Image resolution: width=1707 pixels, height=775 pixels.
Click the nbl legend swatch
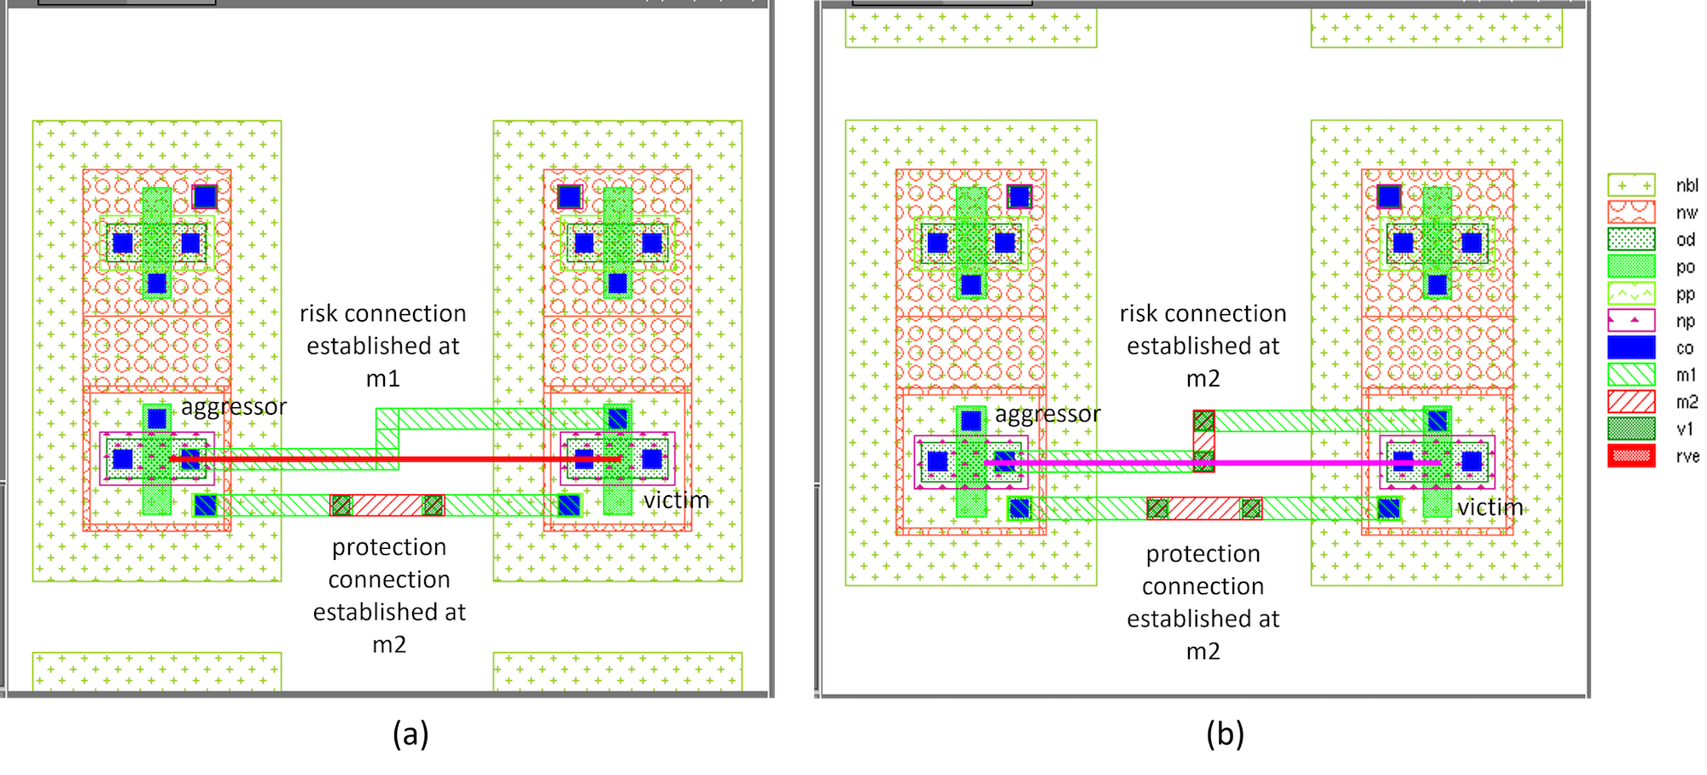(1631, 185)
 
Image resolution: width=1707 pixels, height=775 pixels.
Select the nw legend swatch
(1631, 212)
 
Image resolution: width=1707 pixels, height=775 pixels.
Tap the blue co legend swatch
(1631, 347)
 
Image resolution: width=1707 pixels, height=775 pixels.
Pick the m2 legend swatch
(1631, 401)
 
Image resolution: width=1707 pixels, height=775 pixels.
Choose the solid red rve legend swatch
(1631, 456)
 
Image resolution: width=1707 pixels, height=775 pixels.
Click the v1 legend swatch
(1631, 428)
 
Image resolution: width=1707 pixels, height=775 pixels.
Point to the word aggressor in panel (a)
(234, 408)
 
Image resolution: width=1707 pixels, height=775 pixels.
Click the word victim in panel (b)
(1490, 507)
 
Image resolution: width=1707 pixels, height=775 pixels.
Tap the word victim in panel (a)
(676, 500)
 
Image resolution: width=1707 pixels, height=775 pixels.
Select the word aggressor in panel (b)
(1048, 416)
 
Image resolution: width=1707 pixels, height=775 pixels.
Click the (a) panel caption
(411, 734)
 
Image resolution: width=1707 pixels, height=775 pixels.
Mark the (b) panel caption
(1226, 734)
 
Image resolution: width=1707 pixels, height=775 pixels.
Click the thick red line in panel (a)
(394, 459)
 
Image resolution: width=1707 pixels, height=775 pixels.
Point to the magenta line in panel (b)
(1212, 463)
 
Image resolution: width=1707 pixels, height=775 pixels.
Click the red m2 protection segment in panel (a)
(387, 505)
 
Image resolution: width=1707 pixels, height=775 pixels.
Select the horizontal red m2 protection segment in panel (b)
(1204, 509)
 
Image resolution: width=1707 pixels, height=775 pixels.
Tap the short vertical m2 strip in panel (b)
(1203, 441)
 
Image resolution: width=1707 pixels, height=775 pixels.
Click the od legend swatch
(1631, 239)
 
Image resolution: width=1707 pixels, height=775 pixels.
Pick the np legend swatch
(1631, 320)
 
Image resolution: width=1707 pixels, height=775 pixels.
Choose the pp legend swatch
(1631, 294)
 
